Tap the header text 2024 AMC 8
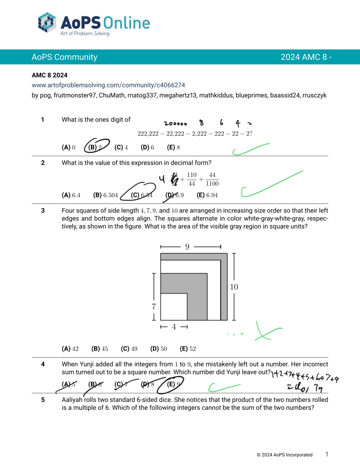click(x=303, y=57)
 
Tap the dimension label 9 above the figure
click(x=187, y=246)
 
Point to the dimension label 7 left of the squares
click(x=153, y=307)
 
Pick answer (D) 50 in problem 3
click(x=158, y=348)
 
